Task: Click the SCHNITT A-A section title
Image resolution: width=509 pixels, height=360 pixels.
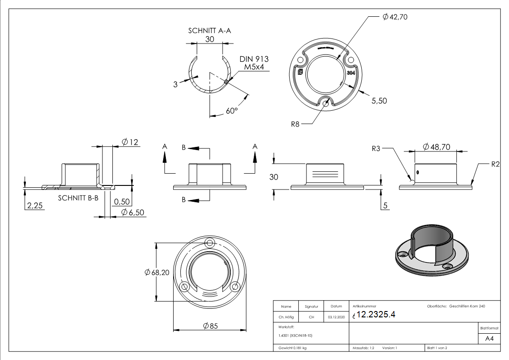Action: click(210, 31)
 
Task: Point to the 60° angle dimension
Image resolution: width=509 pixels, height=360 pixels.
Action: click(231, 110)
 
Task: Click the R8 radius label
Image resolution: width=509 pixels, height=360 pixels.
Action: click(295, 123)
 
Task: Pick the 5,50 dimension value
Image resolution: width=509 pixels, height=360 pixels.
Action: click(379, 101)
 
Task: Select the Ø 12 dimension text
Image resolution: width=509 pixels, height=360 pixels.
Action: click(130, 142)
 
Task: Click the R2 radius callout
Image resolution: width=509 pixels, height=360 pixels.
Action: click(495, 164)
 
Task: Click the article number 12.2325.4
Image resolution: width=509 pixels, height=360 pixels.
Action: click(376, 315)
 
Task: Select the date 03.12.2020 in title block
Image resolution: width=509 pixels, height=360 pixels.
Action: click(336, 317)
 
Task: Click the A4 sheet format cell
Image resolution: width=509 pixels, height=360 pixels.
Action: click(489, 339)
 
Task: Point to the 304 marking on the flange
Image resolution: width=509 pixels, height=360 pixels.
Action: click(351, 73)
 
